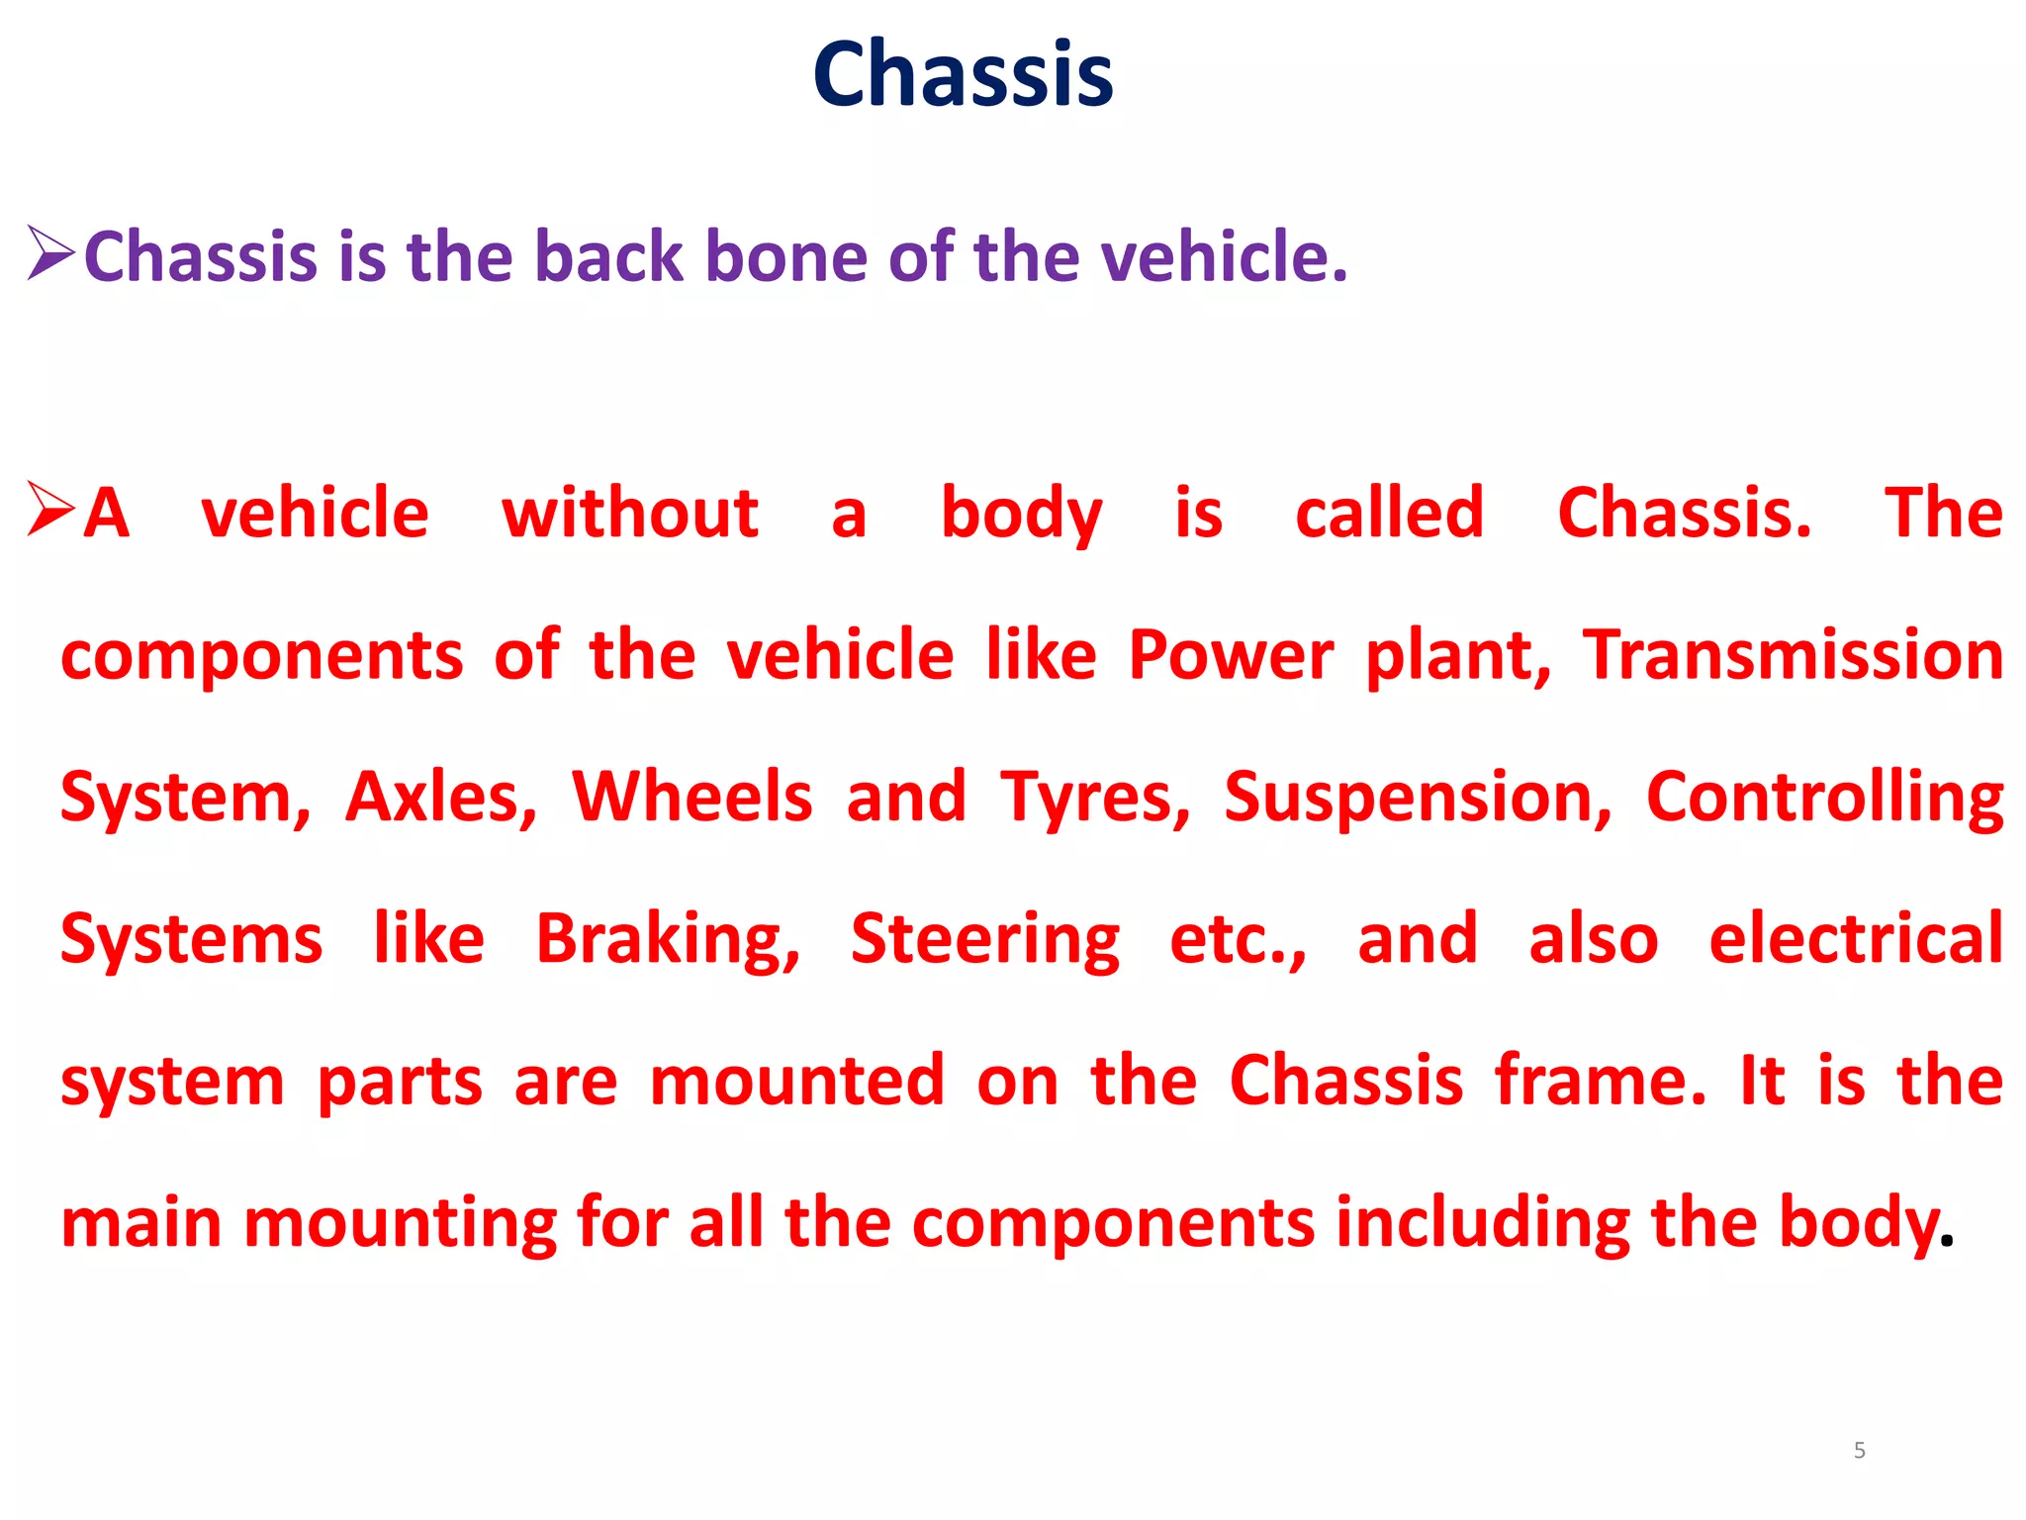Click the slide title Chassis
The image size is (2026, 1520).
[x=963, y=74]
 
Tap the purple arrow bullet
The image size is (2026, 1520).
[x=50, y=253]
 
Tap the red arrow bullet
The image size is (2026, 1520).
[x=50, y=510]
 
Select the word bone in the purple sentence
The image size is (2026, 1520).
[x=786, y=256]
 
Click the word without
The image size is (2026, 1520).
[x=630, y=514]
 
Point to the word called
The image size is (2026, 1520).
[x=1389, y=514]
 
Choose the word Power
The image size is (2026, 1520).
[x=1231, y=656]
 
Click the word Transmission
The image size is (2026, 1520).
[x=1793, y=656]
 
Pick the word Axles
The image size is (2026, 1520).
[x=441, y=798]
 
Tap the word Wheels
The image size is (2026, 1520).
[x=692, y=798]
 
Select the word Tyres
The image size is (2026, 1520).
[x=1096, y=798]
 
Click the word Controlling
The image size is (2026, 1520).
[x=1824, y=798]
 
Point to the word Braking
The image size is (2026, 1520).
[x=668, y=940]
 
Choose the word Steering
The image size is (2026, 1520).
[x=985, y=940]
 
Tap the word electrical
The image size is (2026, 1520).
[x=1856, y=938]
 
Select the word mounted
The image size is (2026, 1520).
[x=797, y=1081]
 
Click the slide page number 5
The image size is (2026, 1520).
[x=1860, y=1451]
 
